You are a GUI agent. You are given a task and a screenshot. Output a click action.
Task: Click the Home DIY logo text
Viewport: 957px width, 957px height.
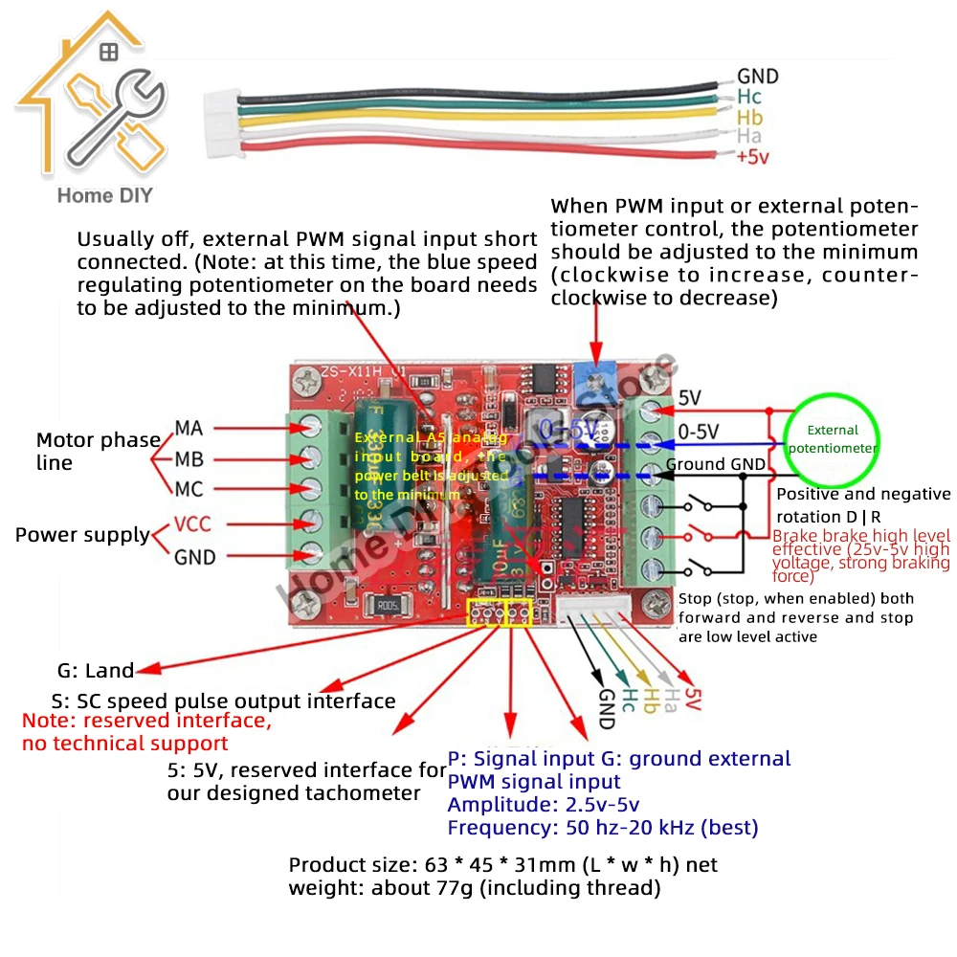click(104, 196)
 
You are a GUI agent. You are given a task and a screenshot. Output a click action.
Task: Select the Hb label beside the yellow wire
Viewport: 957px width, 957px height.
click(749, 117)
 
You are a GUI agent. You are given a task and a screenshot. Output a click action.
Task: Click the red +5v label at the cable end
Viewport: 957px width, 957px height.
click(752, 157)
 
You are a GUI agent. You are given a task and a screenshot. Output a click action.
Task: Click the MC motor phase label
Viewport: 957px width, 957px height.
click(189, 489)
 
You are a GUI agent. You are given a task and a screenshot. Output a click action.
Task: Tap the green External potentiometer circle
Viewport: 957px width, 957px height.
click(832, 439)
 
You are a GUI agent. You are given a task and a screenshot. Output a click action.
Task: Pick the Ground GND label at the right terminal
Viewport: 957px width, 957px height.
click(716, 465)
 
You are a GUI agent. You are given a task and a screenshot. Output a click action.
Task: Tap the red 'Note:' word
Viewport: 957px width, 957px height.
click(48, 721)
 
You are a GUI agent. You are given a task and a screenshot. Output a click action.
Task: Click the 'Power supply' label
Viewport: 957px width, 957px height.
click(82, 535)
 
